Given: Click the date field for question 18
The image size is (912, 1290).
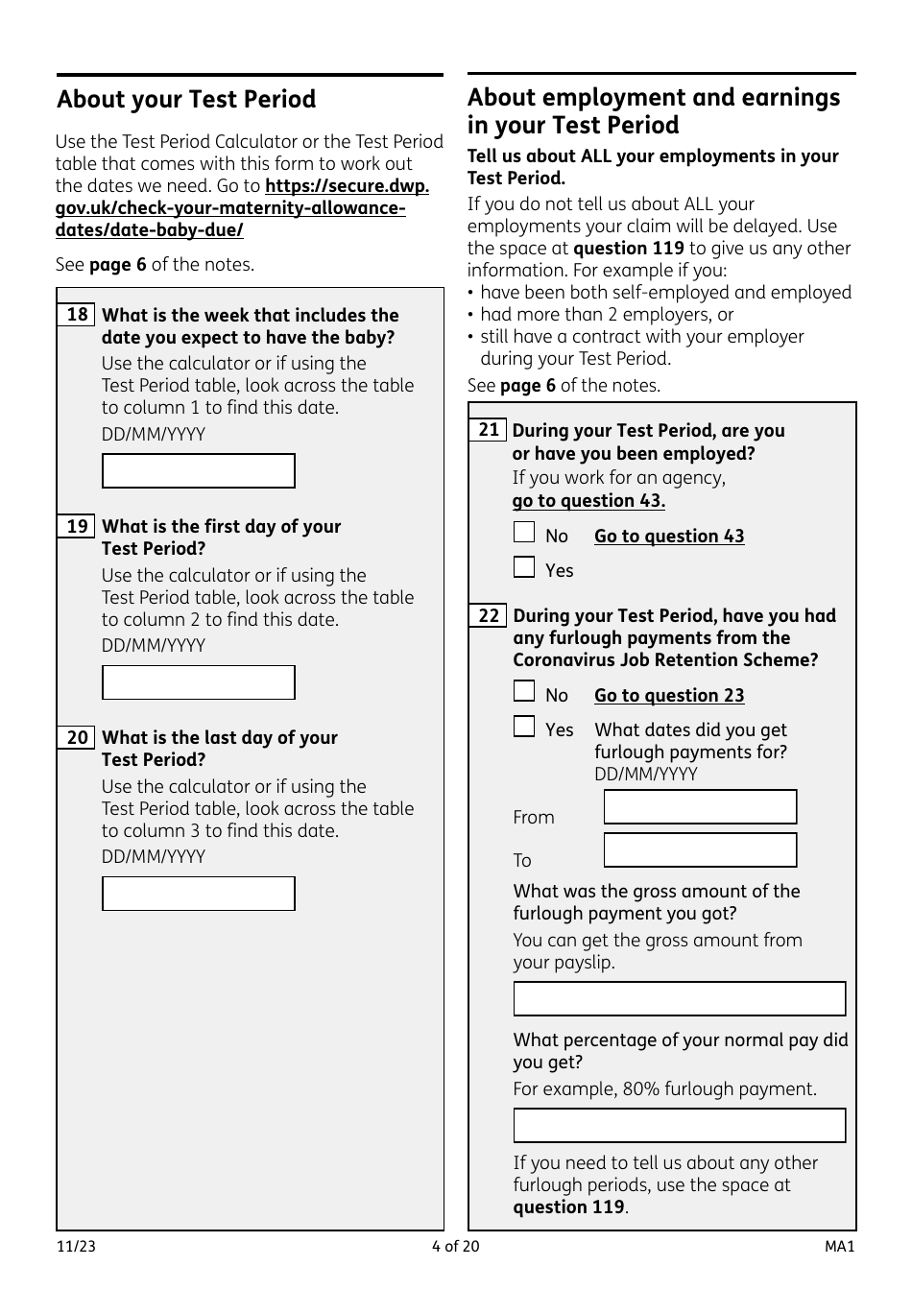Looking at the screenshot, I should click(x=199, y=471).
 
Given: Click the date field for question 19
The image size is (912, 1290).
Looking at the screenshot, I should click(x=199, y=682).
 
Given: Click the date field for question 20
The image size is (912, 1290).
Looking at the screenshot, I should click(x=199, y=894).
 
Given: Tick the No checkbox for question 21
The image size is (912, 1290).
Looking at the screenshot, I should click(x=524, y=533).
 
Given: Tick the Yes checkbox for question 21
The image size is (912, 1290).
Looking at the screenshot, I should click(x=524, y=567).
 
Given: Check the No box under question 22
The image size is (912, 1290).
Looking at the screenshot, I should click(x=524, y=692).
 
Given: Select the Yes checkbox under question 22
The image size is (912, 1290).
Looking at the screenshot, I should click(x=524, y=727).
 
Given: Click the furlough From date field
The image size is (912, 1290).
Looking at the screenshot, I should click(x=700, y=807).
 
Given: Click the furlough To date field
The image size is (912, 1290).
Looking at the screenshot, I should click(x=700, y=850).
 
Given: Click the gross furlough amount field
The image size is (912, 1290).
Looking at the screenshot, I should click(x=679, y=998).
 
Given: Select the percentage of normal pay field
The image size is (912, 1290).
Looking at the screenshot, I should click(x=679, y=1126).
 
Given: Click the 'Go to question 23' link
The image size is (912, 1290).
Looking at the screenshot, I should click(x=669, y=696).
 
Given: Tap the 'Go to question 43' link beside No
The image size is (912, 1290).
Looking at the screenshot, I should click(x=669, y=537).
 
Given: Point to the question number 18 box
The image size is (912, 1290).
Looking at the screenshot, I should click(x=77, y=315).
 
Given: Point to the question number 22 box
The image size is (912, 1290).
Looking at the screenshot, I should click(x=489, y=615).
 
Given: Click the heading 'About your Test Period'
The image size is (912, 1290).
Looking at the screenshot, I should click(x=186, y=100).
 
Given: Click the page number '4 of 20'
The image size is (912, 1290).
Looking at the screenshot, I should click(x=455, y=1247).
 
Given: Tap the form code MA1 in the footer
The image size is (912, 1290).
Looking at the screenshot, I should click(x=839, y=1247).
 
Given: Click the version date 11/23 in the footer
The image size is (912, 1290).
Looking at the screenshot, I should click(x=76, y=1247).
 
